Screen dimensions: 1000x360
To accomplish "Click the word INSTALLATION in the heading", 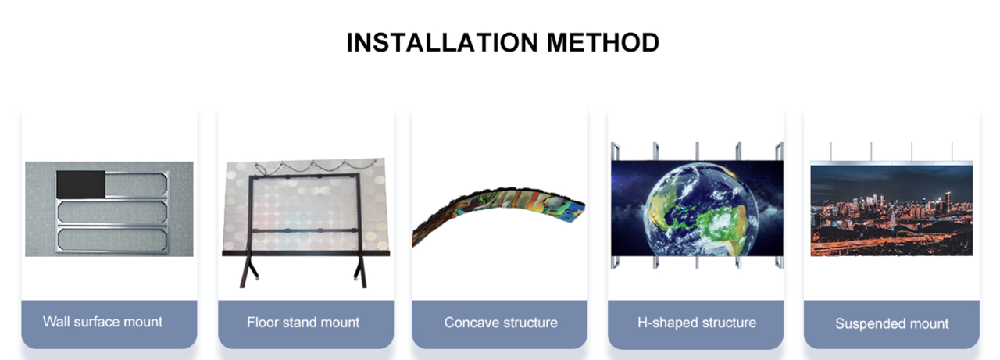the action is point(442,42).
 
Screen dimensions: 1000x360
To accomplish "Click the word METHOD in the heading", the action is point(602,42).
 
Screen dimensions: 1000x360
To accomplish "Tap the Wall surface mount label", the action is point(102,322).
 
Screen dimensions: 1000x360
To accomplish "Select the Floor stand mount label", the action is point(303,322).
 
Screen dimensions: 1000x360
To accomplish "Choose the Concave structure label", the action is point(501,322).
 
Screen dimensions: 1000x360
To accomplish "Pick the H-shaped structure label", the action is point(697,322).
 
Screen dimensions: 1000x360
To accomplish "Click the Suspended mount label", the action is point(892,323).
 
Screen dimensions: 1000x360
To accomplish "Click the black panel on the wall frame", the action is point(80,184).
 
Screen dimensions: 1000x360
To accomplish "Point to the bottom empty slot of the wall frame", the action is point(112,240).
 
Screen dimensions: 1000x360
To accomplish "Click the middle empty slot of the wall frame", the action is point(112,212).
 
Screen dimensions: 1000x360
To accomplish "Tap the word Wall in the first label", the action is point(56,321).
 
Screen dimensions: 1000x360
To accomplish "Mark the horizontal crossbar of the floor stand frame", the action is point(305,230).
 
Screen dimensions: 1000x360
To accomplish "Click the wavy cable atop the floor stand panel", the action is point(315,166).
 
